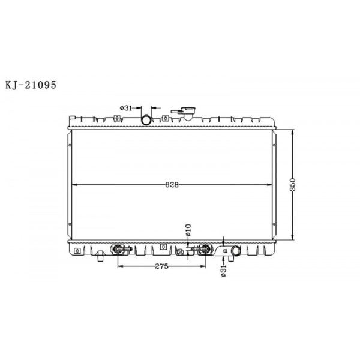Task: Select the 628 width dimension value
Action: tap(172, 185)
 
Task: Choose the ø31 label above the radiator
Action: tap(126, 107)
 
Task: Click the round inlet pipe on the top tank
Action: tap(147, 121)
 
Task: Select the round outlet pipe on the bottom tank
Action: tap(234, 251)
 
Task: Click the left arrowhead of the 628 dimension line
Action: tap(73, 184)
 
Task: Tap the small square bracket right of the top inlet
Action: tap(165, 118)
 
